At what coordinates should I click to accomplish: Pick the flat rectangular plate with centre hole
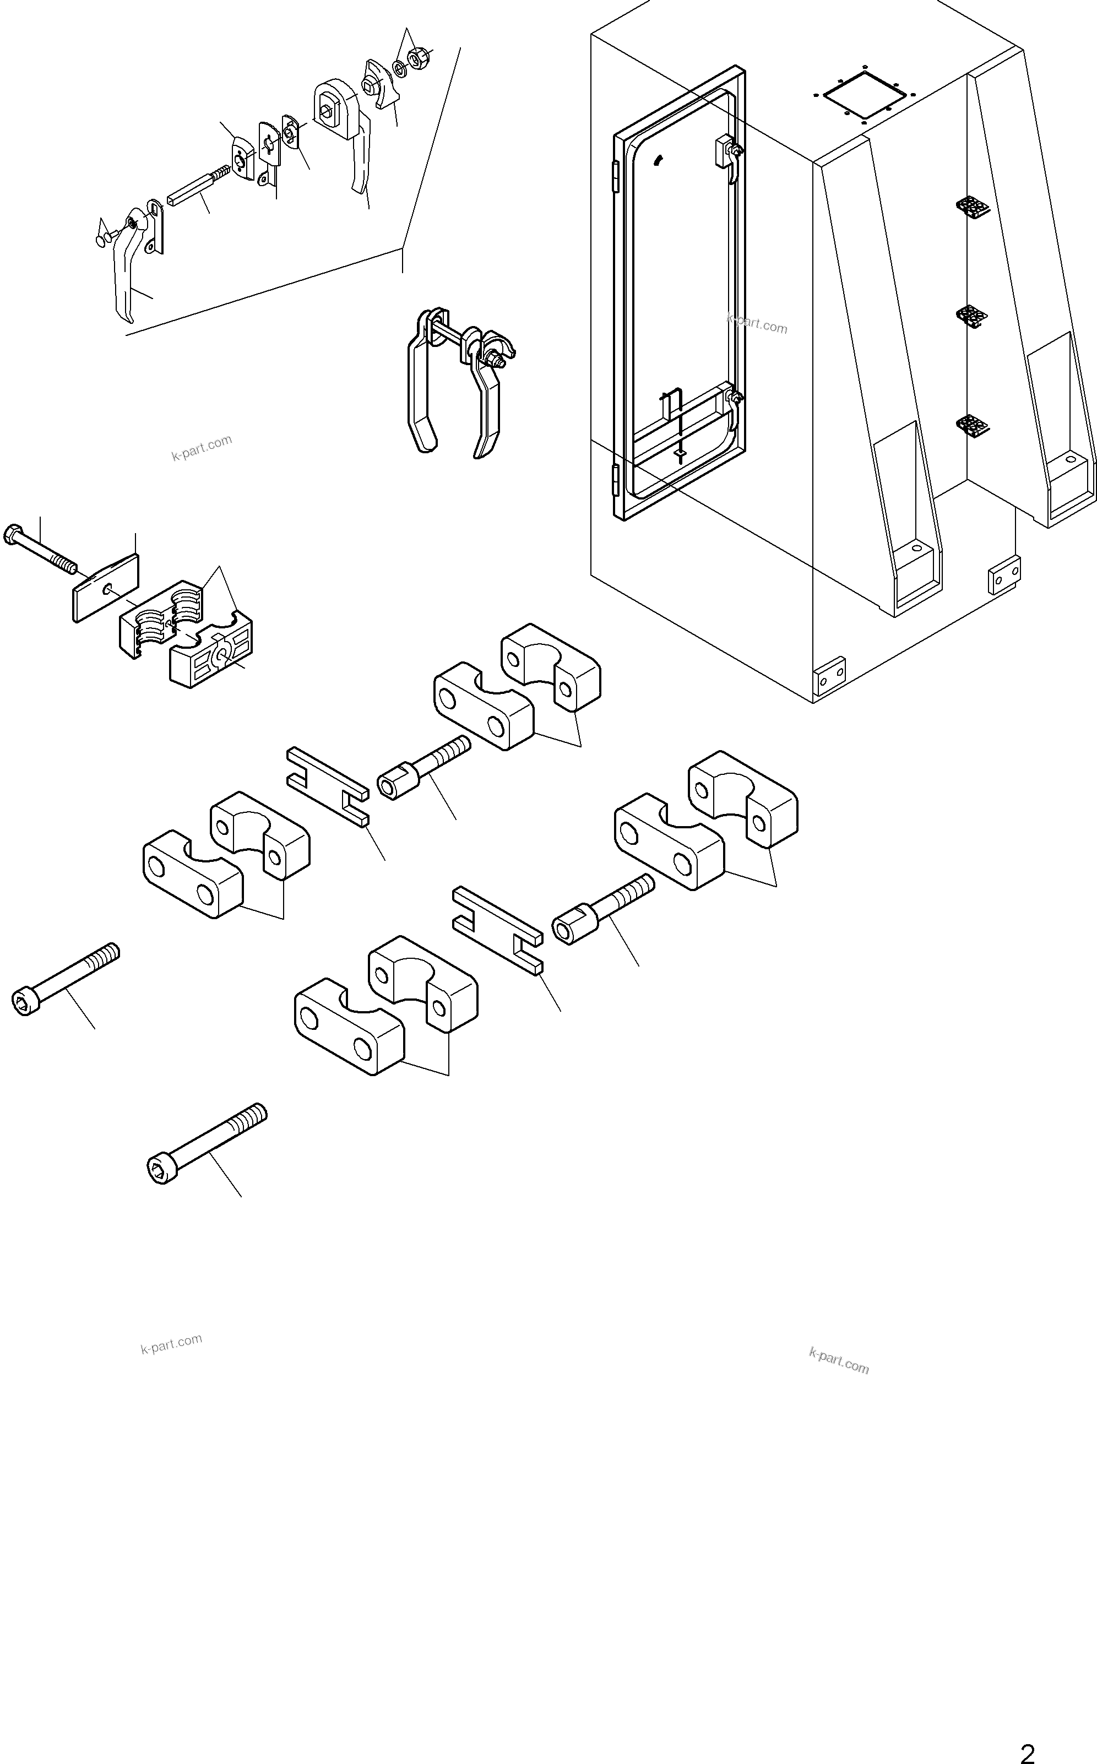click(106, 588)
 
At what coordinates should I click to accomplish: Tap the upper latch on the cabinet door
click(727, 154)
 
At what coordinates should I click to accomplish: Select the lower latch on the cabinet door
click(731, 404)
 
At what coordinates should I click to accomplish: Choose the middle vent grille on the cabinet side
click(971, 316)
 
